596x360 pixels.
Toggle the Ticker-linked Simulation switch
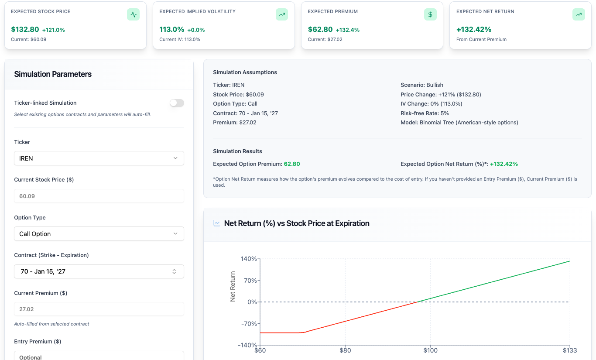(x=177, y=103)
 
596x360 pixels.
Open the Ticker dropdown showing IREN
(x=99, y=158)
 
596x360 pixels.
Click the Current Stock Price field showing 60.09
(x=99, y=196)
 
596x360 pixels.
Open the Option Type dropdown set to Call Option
(x=99, y=234)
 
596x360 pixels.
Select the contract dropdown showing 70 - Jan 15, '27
(x=99, y=271)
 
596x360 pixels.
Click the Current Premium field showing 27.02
(x=99, y=309)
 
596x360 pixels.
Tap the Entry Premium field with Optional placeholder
(x=99, y=357)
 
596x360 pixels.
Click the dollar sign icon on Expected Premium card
(x=430, y=14)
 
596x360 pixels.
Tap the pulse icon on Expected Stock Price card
(x=134, y=14)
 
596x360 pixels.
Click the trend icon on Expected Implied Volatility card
(x=282, y=14)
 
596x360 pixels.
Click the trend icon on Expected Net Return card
(x=579, y=14)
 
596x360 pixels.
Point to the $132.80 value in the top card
(x=25, y=30)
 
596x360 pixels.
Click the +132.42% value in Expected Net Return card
(x=474, y=30)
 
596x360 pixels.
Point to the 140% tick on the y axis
(x=249, y=259)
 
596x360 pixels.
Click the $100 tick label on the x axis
(x=430, y=350)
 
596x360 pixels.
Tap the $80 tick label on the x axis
(x=345, y=350)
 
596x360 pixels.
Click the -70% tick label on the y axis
(x=249, y=324)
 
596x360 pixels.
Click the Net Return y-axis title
(x=233, y=287)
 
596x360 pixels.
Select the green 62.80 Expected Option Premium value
(x=292, y=164)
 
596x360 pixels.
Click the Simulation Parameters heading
(x=53, y=74)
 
